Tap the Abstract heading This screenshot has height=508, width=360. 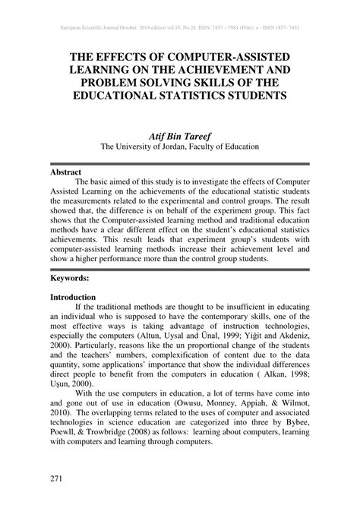[66, 172]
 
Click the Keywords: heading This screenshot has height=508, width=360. [71, 279]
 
